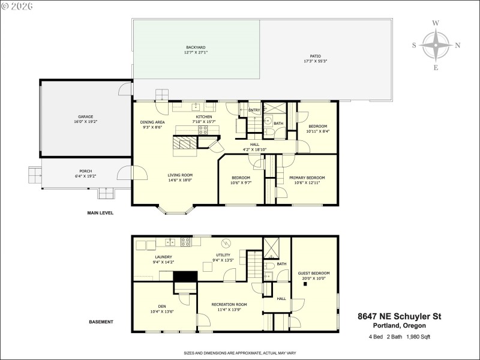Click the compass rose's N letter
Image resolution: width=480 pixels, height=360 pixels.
pyautogui.click(x=458, y=45)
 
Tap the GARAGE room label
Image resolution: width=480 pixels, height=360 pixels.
pyautogui.click(x=85, y=116)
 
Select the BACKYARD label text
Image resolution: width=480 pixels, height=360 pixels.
pyautogui.click(x=196, y=47)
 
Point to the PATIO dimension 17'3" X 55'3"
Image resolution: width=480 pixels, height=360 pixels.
pyautogui.click(x=315, y=61)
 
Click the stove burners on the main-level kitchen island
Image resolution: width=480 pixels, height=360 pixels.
pyautogui.click(x=203, y=128)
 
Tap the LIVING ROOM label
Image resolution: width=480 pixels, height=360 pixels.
pyautogui.click(x=180, y=175)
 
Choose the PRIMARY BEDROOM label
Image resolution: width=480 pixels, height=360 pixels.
pyautogui.click(x=307, y=178)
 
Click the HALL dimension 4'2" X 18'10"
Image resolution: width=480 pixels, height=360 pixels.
pyautogui.click(x=254, y=149)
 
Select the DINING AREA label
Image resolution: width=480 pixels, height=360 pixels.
pyautogui.click(x=152, y=122)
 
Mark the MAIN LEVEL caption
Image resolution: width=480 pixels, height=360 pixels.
pyautogui.click(x=100, y=213)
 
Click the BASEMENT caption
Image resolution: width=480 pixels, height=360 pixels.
pyautogui.click(x=101, y=322)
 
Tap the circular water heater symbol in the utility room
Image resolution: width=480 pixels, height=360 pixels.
pyautogui.click(x=226, y=243)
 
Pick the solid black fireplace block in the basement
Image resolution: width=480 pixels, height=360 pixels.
pyautogui.click(x=185, y=276)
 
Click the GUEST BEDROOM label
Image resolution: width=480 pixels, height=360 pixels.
pyautogui.click(x=314, y=273)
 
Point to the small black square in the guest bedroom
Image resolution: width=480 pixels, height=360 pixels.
pyautogui.click(x=305, y=284)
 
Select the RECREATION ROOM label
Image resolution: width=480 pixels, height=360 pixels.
pyautogui.click(x=229, y=304)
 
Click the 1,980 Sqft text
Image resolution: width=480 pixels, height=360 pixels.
pyautogui.click(x=418, y=337)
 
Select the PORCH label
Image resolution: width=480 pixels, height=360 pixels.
pyautogui.click(x=86, y=170)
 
